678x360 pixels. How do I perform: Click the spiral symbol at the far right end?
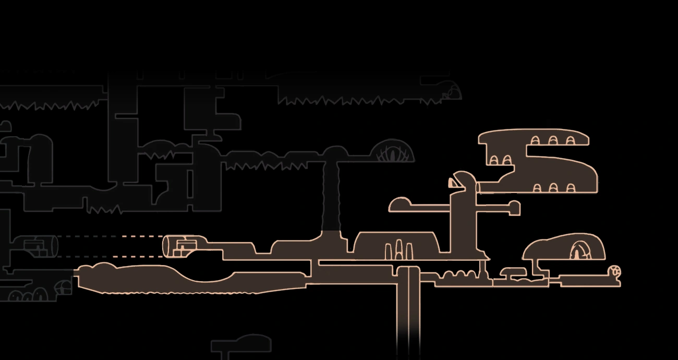pos(615,271)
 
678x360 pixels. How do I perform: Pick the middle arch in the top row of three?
pos(552,140)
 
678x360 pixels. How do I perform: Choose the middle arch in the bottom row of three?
pos(553,188)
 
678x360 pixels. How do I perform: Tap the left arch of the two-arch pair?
pos(494,160)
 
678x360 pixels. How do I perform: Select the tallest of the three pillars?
pos(399,249)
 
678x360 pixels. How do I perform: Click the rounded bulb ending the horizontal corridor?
pos(401,204)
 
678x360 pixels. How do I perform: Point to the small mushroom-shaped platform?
pos(513,272)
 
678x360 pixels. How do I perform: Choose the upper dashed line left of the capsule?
pos(110,236)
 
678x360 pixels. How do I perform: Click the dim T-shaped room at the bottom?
pos(241,345)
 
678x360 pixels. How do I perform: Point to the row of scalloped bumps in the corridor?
pos(458,274)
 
